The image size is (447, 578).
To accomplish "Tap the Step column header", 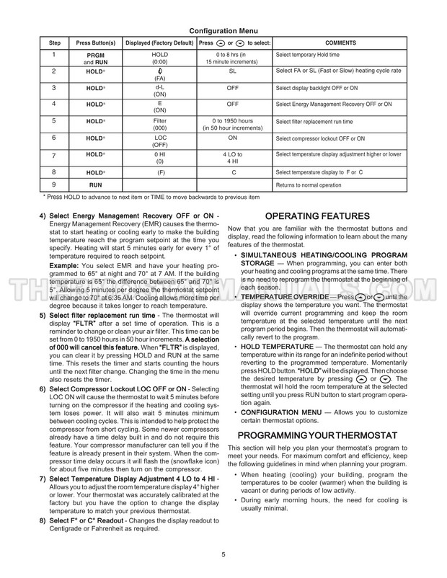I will click(x=55, y=43).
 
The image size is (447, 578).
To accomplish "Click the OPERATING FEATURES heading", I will click(x=318, y=216).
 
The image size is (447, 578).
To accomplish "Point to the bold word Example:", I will click(x=65, y=266).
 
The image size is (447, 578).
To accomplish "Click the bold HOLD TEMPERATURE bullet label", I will click(x=281, y=347).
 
